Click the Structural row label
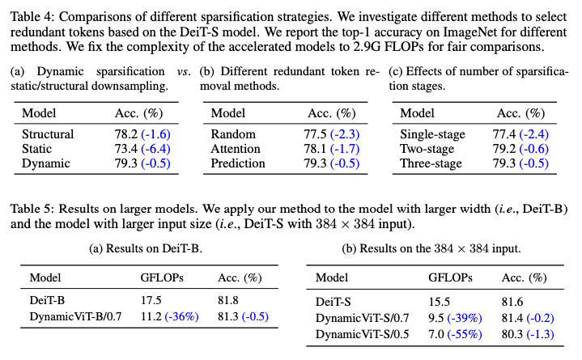click(x=48, y=134)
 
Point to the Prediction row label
click(x=237, y=163)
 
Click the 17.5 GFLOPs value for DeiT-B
click(x=151, y=299)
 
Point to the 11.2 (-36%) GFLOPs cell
click(x=169, y=316)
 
